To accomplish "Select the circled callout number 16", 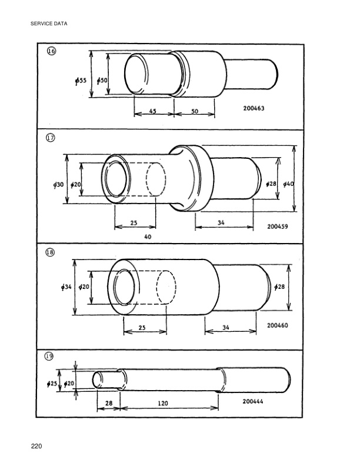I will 51,51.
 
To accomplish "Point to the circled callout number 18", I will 51,252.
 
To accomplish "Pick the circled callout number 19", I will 51,357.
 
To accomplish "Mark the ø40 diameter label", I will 288,184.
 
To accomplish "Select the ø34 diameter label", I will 66,287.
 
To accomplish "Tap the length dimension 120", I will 164,404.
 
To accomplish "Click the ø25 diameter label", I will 52,384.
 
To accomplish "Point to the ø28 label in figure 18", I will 280,286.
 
